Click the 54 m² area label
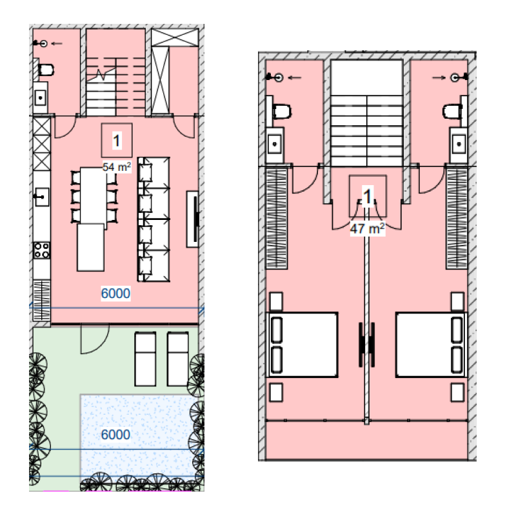(x=117, y=167)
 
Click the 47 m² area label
(x=367, y=228)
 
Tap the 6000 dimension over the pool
(x=115, y=434)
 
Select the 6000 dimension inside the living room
(x=115, y=293)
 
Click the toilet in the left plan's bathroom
(x=46, y=70)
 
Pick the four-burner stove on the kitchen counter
(x=42, y=250)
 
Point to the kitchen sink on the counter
(x=42, y=197)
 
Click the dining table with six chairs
(x=94, y=197)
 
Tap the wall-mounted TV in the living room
(x=193, y=219)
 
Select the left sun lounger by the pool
(x=145, y=359)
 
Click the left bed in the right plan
(x=302, y=344)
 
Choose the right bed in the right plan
(x=432, y=344)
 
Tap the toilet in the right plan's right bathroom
(x=453, y=111)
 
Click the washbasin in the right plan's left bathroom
(x=275, y=144)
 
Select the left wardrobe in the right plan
(x=277, y=218)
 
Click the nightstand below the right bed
(x=457, y=392)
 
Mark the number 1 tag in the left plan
(x=117, y=141)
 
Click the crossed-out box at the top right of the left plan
(x=175, y=37)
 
